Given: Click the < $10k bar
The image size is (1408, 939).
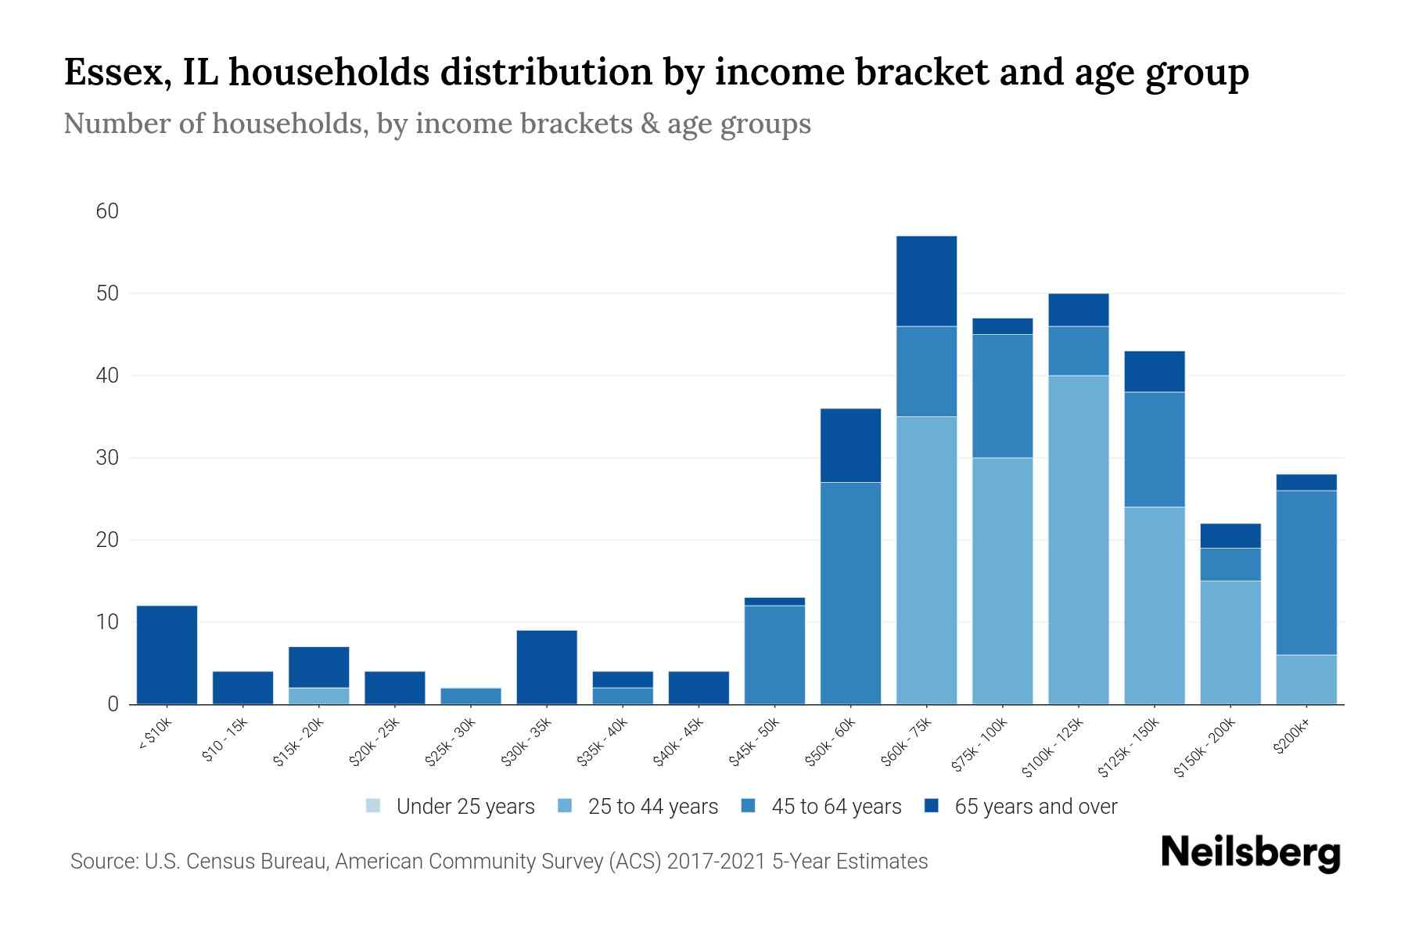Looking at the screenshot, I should pyautogui.click(x=167, y=655).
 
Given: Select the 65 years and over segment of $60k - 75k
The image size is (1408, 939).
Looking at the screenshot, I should pyautogui.click(x=926, y=281).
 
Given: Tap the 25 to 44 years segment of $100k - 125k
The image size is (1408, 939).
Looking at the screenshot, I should pyautogui.click(x=1079, y=540).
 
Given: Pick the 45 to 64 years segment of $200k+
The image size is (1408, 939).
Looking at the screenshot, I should pyautogui.click(x=1306, y=572).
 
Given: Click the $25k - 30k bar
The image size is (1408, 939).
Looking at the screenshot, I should pyautogui.click(x=471, y=696).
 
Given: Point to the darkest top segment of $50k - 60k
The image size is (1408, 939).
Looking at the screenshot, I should pyautogui.click(x=850, y=445).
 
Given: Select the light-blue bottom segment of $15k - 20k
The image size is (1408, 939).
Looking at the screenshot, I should pyautogui.click(x=319, y=696).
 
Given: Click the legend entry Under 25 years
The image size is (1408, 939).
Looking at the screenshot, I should pyautogui.click(x=451, y=806).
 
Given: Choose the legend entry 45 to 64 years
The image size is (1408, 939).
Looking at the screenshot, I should pyautogui.click(x=821, y=806).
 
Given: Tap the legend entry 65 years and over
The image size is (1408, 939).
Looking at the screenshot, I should pyautogui.click(x=1021, y=806).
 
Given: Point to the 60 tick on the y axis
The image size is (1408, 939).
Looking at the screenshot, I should pyautogui.click(x=107, y=211).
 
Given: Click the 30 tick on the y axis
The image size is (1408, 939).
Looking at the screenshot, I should pyautogui.click(x=107, y=458).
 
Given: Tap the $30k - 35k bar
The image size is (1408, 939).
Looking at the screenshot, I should pyautogui.click(x=547, y=667).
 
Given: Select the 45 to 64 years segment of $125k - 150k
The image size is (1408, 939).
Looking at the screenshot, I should pyautogui.click(x=1155, y=449).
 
